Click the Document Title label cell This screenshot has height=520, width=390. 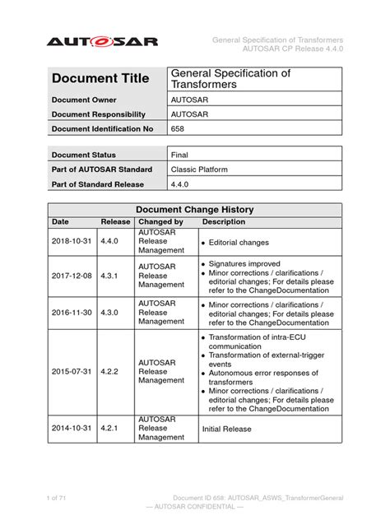pyautogui.click(x=100, y=79)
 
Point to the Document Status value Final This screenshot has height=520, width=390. pyautogui.click(x=179, y=155)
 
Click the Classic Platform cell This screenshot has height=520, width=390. pyautogui.click(x=199, y=169)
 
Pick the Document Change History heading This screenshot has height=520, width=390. pyautogui.click(x=194, y=210)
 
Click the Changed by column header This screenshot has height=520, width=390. pyautogui.click(x=160, y=222)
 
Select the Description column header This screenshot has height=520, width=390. pyautogui.click(x=224, y=222)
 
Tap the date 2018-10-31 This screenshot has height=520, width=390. pyautogui.click(x=72, y=243)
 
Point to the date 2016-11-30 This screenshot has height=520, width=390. pyautogui.click(x=72, y=313)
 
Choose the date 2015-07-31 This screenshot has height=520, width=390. pyautogui.click(x=72, y=370)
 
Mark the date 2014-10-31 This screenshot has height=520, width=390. pyautogui.click(x=72, y=428)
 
